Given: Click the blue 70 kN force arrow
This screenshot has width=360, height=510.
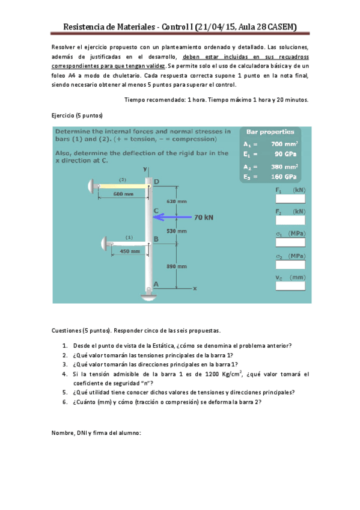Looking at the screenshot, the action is tap(172, 217).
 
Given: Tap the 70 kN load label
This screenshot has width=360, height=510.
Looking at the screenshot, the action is tap(204, 217).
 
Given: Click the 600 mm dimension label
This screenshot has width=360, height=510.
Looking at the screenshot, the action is tap(123, 194).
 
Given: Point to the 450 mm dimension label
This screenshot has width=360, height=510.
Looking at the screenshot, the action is tap(130, 251).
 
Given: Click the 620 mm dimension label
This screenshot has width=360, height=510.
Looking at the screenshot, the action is tap(177, 201).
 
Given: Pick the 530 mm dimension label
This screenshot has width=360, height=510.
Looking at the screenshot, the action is tap(177, 231).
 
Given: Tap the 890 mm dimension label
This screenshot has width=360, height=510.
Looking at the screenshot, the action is tap(177, 266).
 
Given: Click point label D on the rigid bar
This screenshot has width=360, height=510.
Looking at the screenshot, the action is tap(156, 182).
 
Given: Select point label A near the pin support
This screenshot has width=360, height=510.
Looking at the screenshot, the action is tap(156, 284).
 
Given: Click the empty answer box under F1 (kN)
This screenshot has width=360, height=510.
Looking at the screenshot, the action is tap(290, 198).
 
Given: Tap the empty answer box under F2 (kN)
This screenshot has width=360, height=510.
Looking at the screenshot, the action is tap(290, 220).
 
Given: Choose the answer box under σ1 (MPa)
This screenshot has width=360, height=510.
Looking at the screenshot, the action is tap(290, 242).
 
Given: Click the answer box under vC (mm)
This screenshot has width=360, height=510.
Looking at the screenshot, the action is tap(290, 286).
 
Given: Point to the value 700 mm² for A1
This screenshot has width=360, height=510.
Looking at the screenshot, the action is tap(284, 144).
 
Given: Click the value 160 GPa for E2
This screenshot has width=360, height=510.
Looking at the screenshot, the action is tap(284, 177).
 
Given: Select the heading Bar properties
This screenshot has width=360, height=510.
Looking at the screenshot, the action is tap(270, 132).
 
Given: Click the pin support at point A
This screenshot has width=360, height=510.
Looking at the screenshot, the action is tap(149, 293).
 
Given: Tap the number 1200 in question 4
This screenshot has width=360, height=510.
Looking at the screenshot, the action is tap(212, 374).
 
